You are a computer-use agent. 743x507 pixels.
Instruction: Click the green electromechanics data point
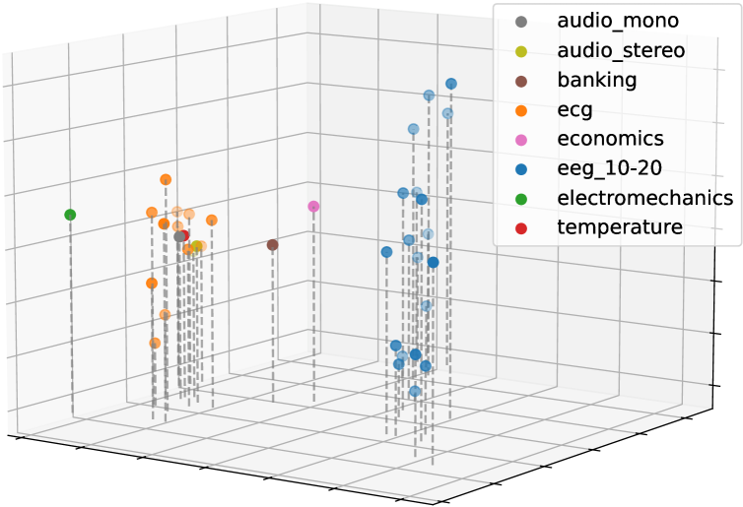click(x=70, y=215)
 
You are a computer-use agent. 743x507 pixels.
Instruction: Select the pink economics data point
click(x=313, y=207)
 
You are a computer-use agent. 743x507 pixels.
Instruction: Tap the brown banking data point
click(x=272, y=244)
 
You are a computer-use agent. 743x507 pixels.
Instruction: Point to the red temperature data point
click(x=184, y=236)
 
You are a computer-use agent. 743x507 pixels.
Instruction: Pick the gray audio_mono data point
click(x=178, y=236)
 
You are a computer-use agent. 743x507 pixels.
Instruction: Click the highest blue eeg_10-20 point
click(x=450, y=84)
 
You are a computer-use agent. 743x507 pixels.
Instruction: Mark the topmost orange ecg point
click(x=166, y=179)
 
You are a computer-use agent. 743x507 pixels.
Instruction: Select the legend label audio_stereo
click(x=621, y=50)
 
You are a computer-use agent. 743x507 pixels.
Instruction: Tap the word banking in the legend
click(x=596, y=80)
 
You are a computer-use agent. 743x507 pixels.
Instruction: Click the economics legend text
click(x=610, y=139)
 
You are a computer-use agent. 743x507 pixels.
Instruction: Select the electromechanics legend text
click(x=644, y=198)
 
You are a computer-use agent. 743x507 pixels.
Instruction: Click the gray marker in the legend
click(x=521, y=21)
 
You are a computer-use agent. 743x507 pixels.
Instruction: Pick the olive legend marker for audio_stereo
click(x=521, y=50)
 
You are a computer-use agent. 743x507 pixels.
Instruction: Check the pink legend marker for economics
click(x=521, y=139)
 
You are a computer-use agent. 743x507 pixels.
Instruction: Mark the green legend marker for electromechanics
click(x=521, y=198)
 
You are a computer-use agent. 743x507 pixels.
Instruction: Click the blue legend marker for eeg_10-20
click(x=521, y=168)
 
